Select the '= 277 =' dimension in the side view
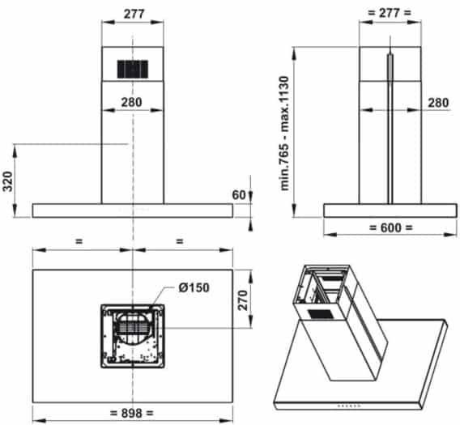pos(390,14)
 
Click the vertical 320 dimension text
pos(7,181)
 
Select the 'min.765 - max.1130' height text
pos(283,133)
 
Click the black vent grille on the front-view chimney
pos(133,69)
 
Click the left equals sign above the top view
pos(79,240)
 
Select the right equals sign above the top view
pos(179,240)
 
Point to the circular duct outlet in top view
pos(132,331)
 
